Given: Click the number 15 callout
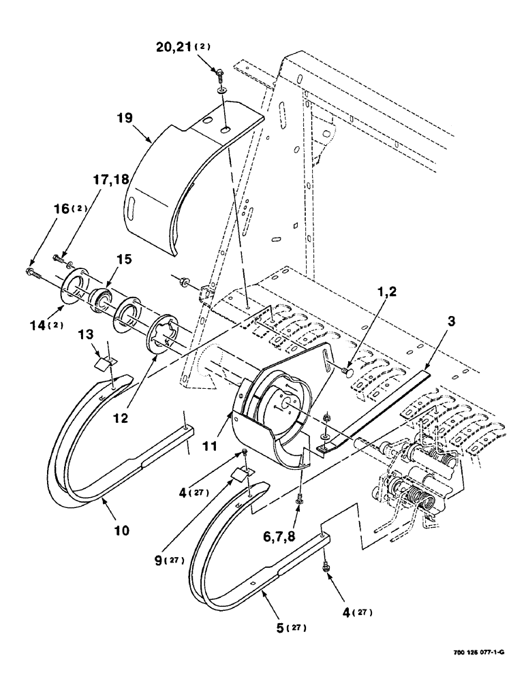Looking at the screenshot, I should click(x=124, y=259).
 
